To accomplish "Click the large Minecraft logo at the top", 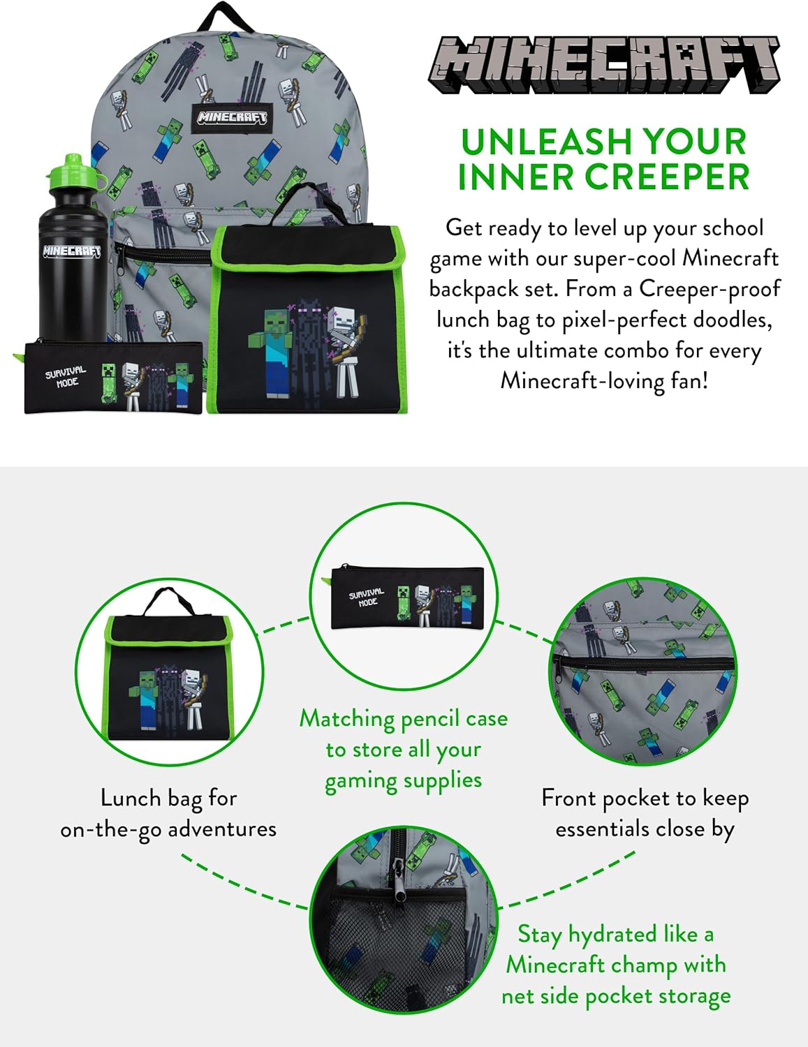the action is pos(603,65).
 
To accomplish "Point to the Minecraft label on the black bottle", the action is pos(72,251).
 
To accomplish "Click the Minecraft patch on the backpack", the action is pos(231,117).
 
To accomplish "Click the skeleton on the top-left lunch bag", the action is pos(345,352).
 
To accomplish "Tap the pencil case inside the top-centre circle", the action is pos(407,597).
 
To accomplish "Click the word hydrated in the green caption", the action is pos(613,935).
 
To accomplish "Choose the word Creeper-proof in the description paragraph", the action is pos(710,289).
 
